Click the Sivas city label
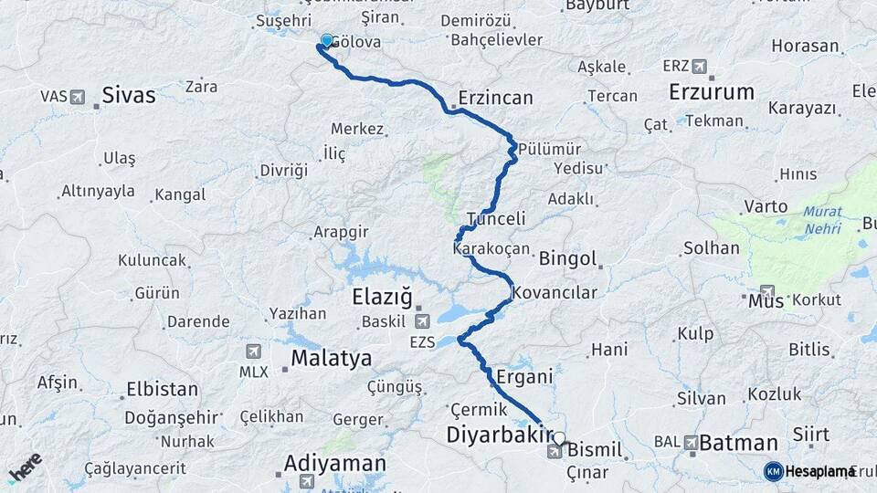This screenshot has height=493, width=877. (128, 94)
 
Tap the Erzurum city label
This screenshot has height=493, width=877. (712, 91)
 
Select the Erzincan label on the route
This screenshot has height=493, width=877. (495, 97)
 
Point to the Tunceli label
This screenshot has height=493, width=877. (496, 219)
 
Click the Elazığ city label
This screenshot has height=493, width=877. (383, 297)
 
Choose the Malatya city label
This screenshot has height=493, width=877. (332, 358)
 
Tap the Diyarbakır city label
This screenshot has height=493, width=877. (501, 435)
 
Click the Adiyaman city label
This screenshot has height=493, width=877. (334, 464)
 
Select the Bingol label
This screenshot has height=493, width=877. (567, 258)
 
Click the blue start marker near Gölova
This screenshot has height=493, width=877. (326, 40)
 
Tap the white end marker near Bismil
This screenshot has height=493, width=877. (559, 438)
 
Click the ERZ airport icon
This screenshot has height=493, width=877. (700, 66)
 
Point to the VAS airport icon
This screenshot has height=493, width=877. (76, 96)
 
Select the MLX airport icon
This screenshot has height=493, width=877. (254, 351)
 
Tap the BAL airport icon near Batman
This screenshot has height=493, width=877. (690, 442)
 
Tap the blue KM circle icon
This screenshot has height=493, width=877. (774, 471)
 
